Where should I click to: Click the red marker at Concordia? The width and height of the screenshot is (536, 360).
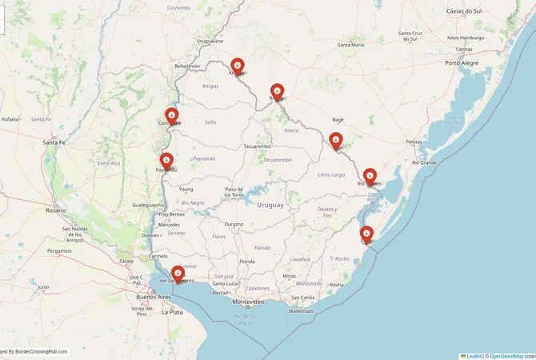coord(170,116)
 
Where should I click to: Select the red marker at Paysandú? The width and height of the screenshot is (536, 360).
coord(166,161)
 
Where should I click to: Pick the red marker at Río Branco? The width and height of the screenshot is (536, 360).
coord(370,177)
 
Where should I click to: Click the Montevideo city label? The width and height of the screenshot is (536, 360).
coord(248,302)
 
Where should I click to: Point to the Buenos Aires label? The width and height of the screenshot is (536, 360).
coord(154,297)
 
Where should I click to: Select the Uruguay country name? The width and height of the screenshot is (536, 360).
coord(270,206)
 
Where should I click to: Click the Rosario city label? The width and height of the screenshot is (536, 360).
coord(56,210)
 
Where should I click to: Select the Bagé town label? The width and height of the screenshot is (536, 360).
coord(338,118)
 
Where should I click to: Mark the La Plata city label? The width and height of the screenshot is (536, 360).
coord(172,312)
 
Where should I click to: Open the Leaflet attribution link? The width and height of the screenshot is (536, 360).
coord(474,356)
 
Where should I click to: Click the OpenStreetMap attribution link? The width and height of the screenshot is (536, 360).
coord(506,356)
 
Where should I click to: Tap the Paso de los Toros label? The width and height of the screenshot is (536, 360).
coord(234,192)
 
